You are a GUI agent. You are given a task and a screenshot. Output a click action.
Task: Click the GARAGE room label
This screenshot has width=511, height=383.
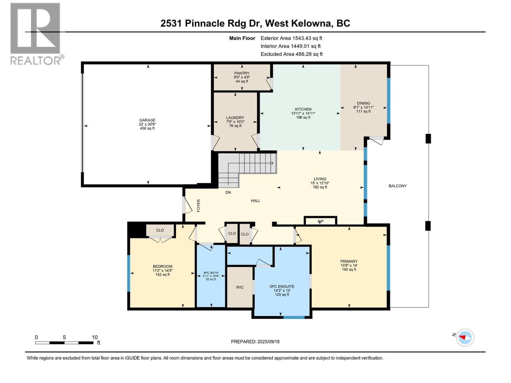tap(147, 120)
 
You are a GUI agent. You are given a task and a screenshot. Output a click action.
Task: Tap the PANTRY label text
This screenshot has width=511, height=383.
tap(242, 73)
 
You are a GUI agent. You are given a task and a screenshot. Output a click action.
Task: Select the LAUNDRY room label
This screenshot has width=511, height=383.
tap(235, 118)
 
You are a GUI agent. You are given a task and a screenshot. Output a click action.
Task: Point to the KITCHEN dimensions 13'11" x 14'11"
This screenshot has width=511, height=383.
tap(303, 113)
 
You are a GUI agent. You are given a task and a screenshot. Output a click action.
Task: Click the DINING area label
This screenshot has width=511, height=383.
tap(363, 103)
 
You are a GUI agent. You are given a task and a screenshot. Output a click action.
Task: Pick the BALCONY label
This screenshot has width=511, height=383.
tap(397, 186)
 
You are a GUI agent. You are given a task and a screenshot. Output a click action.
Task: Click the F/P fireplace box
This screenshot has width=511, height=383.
tap(320, 221)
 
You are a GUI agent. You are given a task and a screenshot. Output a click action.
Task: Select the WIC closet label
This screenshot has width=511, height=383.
tap(240, 287)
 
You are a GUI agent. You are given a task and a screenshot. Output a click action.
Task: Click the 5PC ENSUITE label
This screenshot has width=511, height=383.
tap(282, 287)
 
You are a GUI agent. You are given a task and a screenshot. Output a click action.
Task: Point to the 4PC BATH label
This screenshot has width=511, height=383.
tap(211, 273)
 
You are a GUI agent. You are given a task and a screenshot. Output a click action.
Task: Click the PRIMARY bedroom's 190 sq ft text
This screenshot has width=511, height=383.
tap(349, 270)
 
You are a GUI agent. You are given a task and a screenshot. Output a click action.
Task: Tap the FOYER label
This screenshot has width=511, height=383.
tap(198, 206)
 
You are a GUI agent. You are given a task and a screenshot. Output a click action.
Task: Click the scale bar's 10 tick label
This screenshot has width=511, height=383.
tap(95, 337)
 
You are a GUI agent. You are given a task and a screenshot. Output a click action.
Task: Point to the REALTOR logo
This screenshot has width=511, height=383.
tap(35, 34)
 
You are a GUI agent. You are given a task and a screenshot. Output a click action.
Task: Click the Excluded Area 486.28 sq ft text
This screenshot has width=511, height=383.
tap(291, 54)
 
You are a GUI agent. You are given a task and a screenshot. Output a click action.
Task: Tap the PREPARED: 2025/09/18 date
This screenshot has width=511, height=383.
tap(255, 342)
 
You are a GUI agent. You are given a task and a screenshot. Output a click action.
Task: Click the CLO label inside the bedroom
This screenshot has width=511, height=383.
tap(160, 230)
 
